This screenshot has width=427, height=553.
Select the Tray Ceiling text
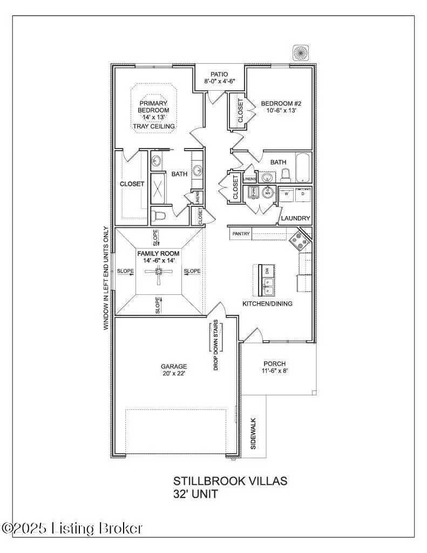154,126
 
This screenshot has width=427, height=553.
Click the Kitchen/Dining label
268,304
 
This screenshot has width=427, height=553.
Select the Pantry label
241,234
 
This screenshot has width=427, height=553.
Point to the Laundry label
296,218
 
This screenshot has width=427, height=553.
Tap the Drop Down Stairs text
215,346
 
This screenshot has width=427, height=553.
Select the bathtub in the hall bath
303,168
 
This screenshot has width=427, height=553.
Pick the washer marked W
287,193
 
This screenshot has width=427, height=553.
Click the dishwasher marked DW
267,272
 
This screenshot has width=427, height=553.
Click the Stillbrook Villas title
230,481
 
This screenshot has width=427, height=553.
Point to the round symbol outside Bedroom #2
300,52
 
